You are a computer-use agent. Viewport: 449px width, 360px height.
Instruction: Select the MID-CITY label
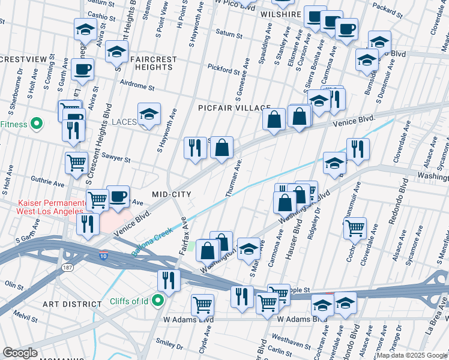coord(171,194)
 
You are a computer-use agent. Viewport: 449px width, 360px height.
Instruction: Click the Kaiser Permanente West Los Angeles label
coord(42,208)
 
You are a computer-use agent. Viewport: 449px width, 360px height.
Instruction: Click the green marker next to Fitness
coord(36,124)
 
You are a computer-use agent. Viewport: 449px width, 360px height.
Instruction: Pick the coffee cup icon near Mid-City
coord(118,196)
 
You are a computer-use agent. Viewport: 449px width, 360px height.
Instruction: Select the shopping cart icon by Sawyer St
coord(76,162)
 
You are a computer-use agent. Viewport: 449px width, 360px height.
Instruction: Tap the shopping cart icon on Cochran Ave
coord(355,228)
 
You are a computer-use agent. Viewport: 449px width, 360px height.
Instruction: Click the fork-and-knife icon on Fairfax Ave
coord(169,281)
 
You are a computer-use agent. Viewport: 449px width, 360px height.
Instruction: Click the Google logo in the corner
coord(20,353)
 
